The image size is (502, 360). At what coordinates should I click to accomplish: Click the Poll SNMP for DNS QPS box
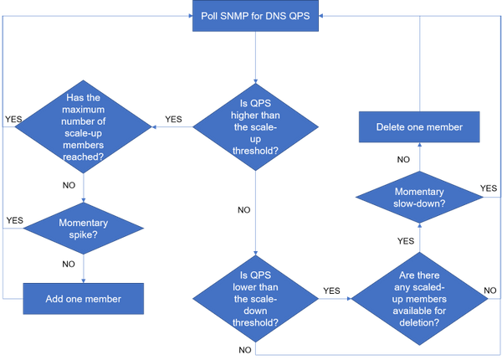pos(255,16)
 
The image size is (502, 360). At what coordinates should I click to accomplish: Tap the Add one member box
pos(84,298)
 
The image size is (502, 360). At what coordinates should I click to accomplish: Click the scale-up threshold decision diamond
pos(255,127)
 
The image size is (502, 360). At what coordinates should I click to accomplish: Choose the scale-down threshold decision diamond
pos(255,298)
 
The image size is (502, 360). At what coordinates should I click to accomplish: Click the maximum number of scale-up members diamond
pos(84,127)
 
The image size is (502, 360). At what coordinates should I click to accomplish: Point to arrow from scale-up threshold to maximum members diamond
pos(172,127)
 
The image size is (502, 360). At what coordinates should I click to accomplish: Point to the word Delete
pos(392,127)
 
